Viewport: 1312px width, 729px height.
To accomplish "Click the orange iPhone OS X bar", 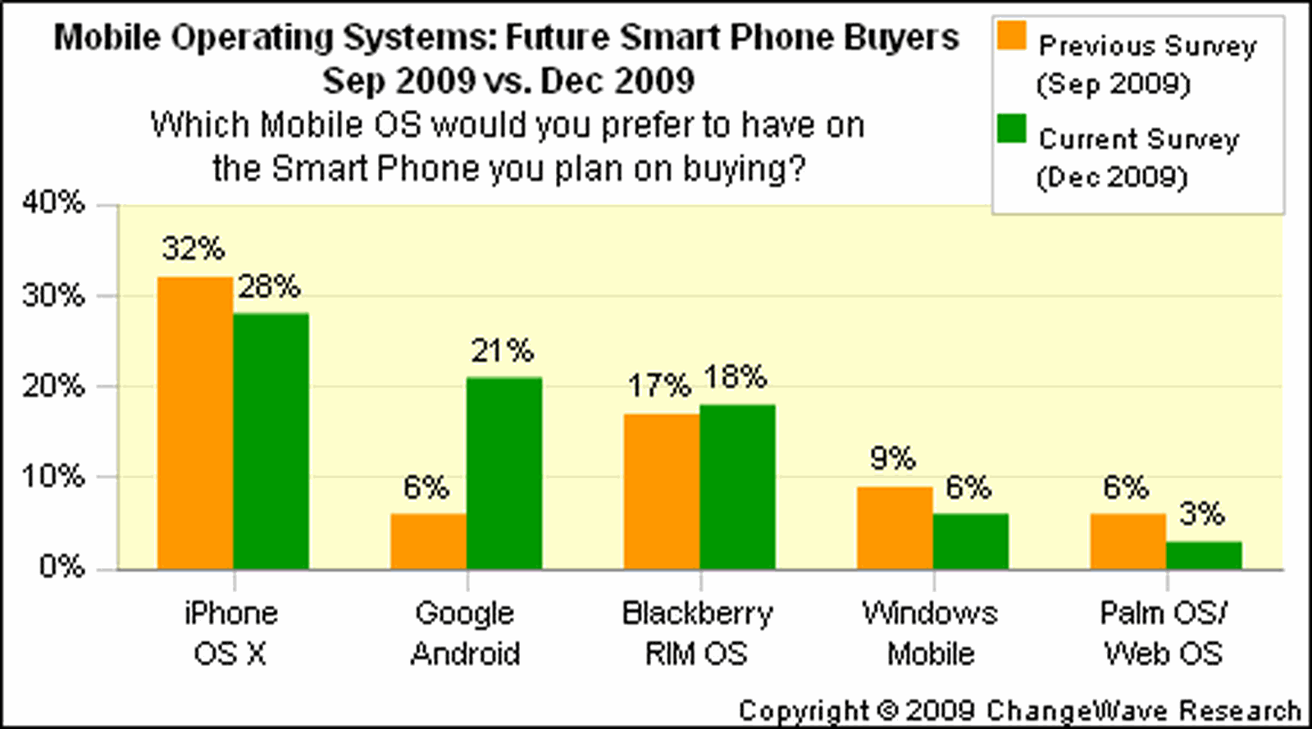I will pyautogui.click(x=195, y=423).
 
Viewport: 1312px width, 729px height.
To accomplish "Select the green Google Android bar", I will pyautogui.click(x=504, y=473).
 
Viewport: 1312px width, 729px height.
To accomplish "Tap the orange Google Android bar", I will pyautogui.click(x=428, y=541).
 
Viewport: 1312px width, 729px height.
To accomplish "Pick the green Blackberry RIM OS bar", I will pyautogui.click(x=737, y=487).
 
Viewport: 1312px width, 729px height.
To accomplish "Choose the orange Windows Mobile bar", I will pyautogui.click(x=895, y=528).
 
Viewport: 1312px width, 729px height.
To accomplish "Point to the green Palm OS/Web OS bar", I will pyautogui.click(x=1204, y=555).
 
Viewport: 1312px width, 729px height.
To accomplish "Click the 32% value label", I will pyautogui.click(x=193, y=248).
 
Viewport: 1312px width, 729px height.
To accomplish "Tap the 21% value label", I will pyautogui.click(x=502, y=351).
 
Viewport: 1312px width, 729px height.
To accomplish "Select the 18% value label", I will pyautogui.click(x=735, y=377).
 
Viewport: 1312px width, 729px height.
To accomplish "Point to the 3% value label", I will pyautogui.click(x=1201, y=514).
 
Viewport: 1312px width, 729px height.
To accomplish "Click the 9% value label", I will pyautogui.click(x=892, y=458).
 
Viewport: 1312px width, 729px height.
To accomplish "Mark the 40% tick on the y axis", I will pyautogui.click(x=54, y=203).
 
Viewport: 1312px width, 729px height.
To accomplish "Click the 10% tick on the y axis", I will pyautogui.click(x=54, y=476).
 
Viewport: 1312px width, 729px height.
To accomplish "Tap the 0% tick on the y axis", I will pyautogui.click(x=62, y=567).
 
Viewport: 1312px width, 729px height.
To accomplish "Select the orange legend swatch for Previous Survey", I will pyautogui.click(x=1012, y=36).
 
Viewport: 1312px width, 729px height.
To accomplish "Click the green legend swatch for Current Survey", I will pyautogui.click(x=1012, y=129).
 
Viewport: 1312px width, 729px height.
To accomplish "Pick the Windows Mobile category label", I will pyautogui.click(x=930, y=633).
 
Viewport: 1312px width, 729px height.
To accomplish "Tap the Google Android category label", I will pyautogui.click(x=465, y=633).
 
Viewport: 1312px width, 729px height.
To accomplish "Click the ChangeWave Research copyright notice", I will pyautogui.click(x=1019, y=710).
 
